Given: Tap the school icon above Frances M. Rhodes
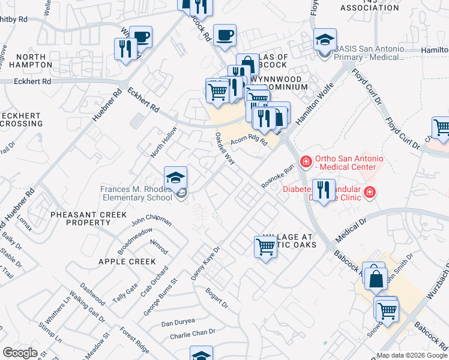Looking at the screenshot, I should click(175, 178).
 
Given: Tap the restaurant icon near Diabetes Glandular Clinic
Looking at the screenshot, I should click(324, 190).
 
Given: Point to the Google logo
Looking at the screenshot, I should click(20, 353).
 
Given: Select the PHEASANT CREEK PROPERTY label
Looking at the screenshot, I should click(88, 218).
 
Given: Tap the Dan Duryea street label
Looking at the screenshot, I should click(178, 322).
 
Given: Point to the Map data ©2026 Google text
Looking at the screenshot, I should click(411, 355).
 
